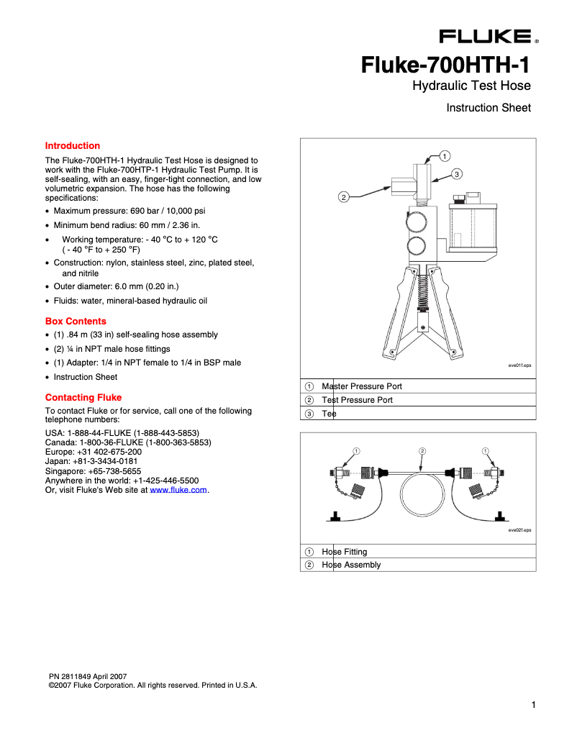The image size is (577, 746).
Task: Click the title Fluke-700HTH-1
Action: click(x=445, y=65)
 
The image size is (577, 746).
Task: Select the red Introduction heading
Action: click(x=73, y=145)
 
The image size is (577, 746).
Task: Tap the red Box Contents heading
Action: click(x=76, y=321)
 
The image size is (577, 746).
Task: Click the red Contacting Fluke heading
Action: click(x=83, y=397)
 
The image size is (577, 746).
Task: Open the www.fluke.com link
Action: click(x=178, y=489)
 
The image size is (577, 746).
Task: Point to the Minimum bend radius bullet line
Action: click(x=127, y=225)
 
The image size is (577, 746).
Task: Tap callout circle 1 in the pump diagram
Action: click(x=445, y=155)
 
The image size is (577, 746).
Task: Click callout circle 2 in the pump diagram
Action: click(x=344, y=197)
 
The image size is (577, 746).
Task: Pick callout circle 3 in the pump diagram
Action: click(x=457, y=173)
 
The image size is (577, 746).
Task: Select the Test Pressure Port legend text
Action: click(x=357, y=400)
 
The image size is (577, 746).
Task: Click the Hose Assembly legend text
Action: click(x=351, y=565)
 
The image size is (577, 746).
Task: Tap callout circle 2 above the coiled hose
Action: click(x=422, y=451)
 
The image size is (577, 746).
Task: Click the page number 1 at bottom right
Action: click(x=533, y=704)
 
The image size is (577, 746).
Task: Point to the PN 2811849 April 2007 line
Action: click(x=88, y=677)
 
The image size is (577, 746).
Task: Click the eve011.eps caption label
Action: click(x=519, y=366)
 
